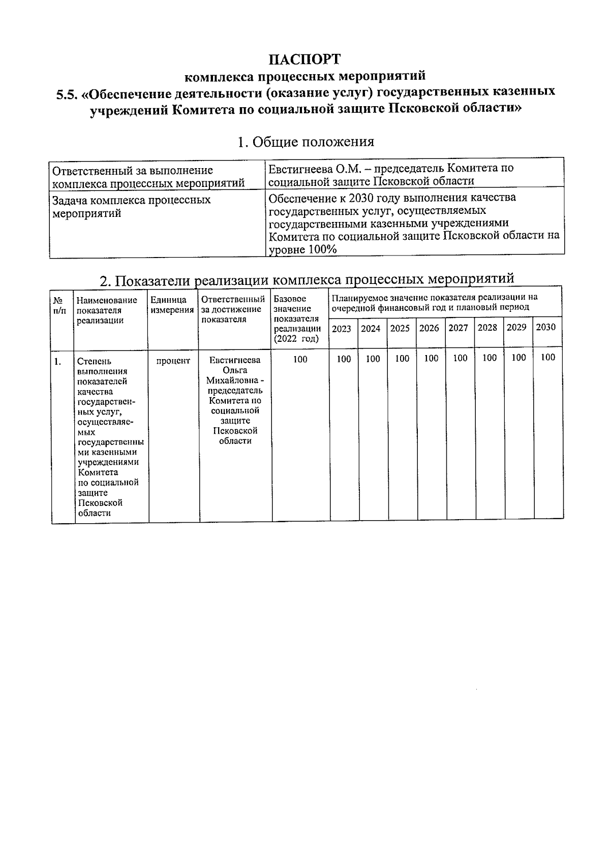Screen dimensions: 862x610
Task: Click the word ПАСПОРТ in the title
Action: click(x=304, y=59)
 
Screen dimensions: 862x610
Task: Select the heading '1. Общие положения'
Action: click(x=306, y=142)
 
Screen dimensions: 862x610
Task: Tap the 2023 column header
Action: click(x=341, y=329)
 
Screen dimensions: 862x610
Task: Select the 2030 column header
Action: click(x=546, y=327)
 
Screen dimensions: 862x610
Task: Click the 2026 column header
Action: click(x=429, y=328)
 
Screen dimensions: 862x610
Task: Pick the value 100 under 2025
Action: click(x=402, y=359)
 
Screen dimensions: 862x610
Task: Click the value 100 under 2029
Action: click(x=518, y=358)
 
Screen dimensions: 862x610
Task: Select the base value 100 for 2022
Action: click(x=300, y=360)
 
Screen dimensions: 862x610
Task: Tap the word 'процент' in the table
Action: click(x=173, y=361)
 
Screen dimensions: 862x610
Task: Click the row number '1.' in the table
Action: click(x=58, y=362)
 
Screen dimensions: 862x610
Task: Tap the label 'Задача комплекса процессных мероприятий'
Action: click(x=132, y=206)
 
